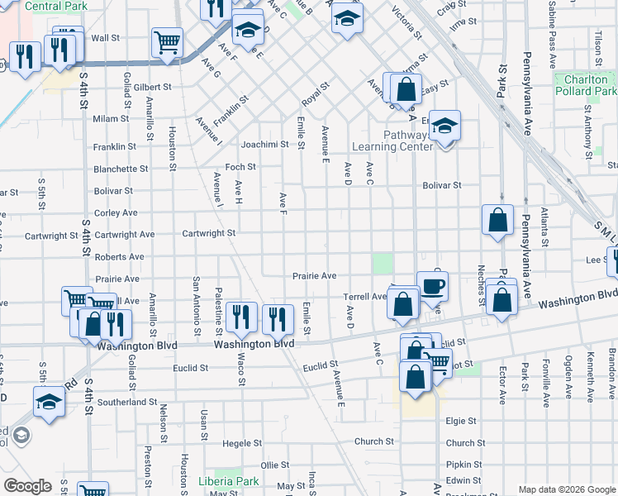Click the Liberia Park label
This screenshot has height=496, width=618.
click(x=229, y=481)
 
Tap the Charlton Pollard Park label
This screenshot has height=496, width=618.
click(x=587, y=85)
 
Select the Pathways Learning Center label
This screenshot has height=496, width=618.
click(x=392, y=141)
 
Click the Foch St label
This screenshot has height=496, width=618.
click(x=241, y=166)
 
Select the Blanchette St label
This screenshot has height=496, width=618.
click(x=121, y=169)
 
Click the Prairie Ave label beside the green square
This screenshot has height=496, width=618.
click(x=315, y=275)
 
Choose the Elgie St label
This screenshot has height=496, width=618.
click(x=460, y=421)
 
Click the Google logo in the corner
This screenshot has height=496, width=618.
click(x=27, y=486)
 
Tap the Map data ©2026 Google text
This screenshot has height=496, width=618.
click(x=566, y=489)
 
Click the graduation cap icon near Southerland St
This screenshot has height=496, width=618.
click(x=49, y=403)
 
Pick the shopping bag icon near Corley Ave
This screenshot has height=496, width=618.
click(x=497, y=221)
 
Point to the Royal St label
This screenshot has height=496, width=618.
click(x=316, y=91)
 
